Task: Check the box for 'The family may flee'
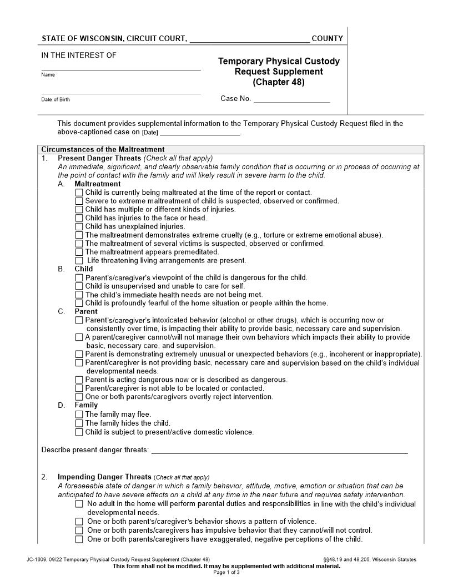point(79,415)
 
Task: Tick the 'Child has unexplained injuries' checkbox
point(79,226)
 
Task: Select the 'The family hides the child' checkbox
point(79,423)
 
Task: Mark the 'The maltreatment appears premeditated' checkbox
point(79,252)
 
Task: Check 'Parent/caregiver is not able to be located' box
point(79,388)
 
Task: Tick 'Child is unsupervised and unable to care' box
point(79,286)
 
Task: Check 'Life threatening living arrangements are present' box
point(79,261)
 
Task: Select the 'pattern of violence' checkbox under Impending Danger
point(79,522)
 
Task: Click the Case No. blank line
point(291,100)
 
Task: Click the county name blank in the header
point(249,39)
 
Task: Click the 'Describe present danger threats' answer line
point(279,450)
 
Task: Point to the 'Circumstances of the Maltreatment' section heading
point(103,149)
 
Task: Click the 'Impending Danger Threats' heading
point(104,477)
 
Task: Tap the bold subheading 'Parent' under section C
point(86,311)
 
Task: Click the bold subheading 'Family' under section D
point(86,406)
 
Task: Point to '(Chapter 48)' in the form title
point(279,83)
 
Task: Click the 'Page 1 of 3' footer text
point(226,572)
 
